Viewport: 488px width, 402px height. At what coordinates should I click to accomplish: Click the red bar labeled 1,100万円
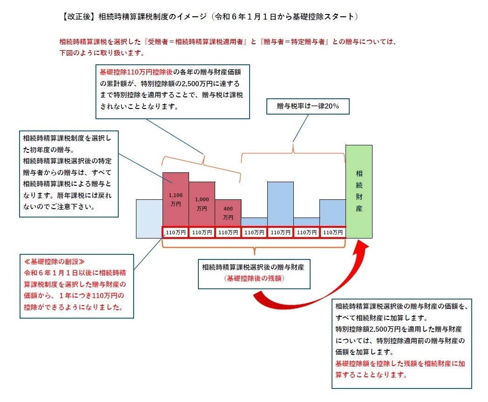pyautogui.click(x=176, y=199)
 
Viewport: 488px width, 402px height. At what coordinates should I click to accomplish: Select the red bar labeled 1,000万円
pyautogui.click(x=202, y=204)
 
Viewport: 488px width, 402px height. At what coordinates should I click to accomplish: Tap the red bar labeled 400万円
pyautogui.click(x=228, y=213)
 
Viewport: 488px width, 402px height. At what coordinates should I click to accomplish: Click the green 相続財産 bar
pyautogui.click(x=359, y=191)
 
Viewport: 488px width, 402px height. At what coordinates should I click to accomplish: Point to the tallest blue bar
pyautogui.click(x=280, y=204)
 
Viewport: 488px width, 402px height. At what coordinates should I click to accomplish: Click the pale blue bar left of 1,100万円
pyautogui.click(x=149, y=219)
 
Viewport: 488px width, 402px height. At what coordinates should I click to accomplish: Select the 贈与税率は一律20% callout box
pyautogui.click(x=308, y=106)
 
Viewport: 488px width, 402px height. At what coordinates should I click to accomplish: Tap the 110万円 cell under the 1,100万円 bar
pyautogui.click(x=176, y=232)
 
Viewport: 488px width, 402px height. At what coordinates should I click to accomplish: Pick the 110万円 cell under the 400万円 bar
pyautogui.click(x=228, y=232)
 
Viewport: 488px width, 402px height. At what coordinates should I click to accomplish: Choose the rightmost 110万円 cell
pyautogui.click(x=332, y=232)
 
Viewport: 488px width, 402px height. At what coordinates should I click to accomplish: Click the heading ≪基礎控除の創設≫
pyautogui.click(x=54, y=262)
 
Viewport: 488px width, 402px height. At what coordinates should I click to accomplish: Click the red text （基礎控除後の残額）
pyautogui.click(x=254, y=279)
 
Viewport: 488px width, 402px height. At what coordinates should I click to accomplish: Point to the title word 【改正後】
pyautogui.click(x=78, y=16)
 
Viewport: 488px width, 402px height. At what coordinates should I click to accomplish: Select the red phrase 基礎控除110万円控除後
pyautogui.click(x=136, y=72)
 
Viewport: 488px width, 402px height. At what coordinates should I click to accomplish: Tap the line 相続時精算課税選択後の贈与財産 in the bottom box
pyautogui.click(x=253, y=267)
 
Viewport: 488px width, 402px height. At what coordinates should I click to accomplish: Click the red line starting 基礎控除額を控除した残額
pyautogui.click(x=400, y=364)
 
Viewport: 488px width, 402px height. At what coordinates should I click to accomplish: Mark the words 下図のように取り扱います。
pyautogui.click(x=102, y=53)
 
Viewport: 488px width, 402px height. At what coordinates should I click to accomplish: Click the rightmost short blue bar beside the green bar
pyautogui.click(x=332, y=213)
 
